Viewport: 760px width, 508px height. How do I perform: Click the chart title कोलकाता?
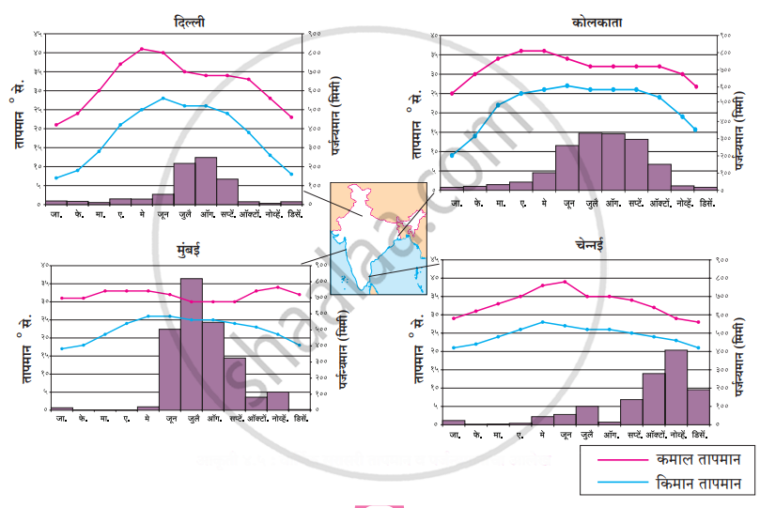596,22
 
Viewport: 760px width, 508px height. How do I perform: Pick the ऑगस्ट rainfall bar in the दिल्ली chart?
206,181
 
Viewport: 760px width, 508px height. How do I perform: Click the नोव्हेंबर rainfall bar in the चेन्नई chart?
676,387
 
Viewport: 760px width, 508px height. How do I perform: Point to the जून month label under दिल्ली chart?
163,214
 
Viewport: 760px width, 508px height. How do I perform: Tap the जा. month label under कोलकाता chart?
455,202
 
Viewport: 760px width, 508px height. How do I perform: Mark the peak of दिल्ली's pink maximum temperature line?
142,49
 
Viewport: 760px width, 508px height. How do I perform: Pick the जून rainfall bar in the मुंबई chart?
170,369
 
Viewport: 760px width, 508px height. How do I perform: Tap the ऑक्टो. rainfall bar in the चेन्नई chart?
655,399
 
